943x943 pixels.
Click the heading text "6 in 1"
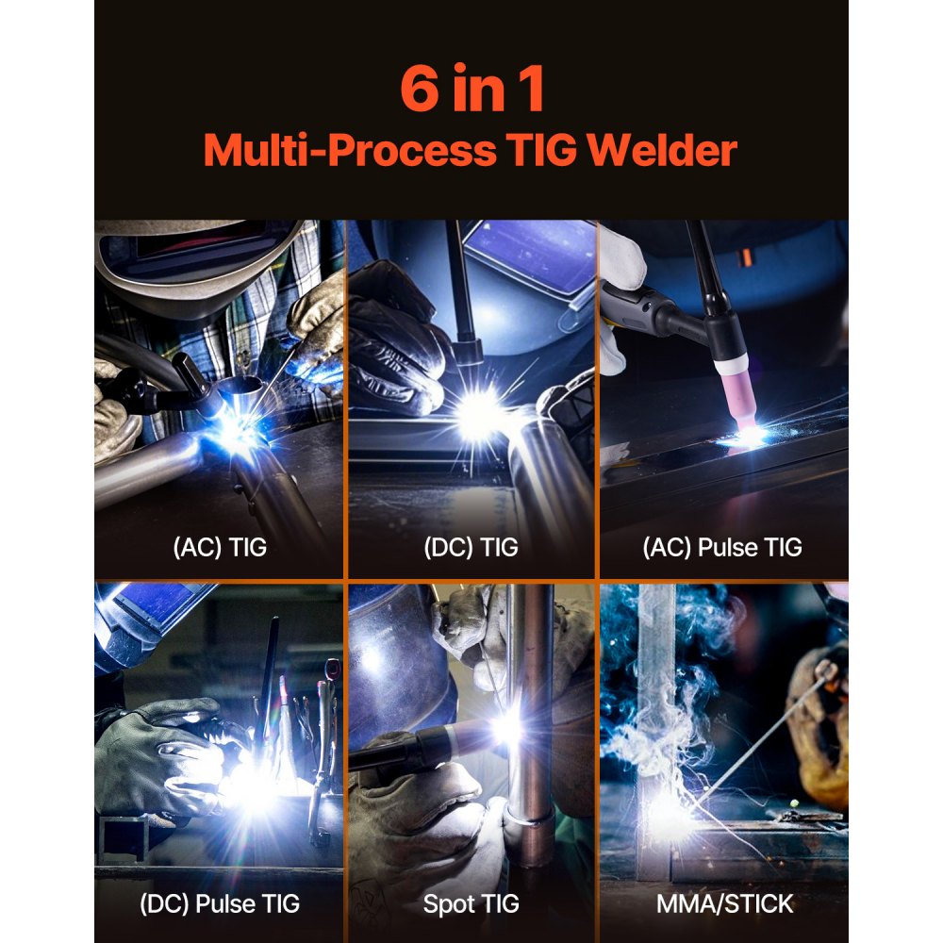coord(471,90)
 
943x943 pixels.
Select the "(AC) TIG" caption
coord(220,547)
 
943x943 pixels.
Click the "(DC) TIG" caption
coord(471,547)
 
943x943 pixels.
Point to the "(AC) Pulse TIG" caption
coord(722,547)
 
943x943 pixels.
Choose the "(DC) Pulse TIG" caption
coord(220,903)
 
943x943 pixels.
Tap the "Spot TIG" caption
coord(471,903)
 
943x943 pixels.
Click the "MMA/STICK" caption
coord(724,903)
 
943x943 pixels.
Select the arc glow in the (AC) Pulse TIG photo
coord(745,435)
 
